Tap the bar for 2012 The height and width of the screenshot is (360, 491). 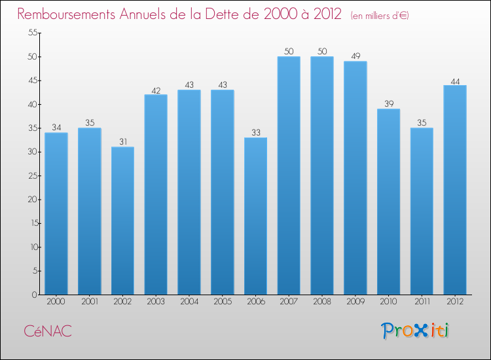click(x=455, y=190)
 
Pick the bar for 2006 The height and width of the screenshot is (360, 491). click(x=255, y=216)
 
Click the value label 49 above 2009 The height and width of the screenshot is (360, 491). click(x=355, y=56)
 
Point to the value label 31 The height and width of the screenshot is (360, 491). click(x=122, y=141)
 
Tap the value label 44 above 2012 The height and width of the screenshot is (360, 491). click(x=455, y=81)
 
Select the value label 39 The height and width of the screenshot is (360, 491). click(x=388, y=104)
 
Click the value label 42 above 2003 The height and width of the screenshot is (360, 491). click(x=156, y=90)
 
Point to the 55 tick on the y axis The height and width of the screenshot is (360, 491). click(x=31, y=33)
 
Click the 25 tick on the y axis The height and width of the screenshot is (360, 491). click(x=31, y=176)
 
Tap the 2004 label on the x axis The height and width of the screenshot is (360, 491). click(x=189, y=302)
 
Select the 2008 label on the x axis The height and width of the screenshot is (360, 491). click(x=322, y=302)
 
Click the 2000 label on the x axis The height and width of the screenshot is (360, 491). click(x=56, y=302)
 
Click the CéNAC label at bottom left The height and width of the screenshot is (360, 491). click(x=48, y=332)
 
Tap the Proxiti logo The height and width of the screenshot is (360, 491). click(x=416, y=331)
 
